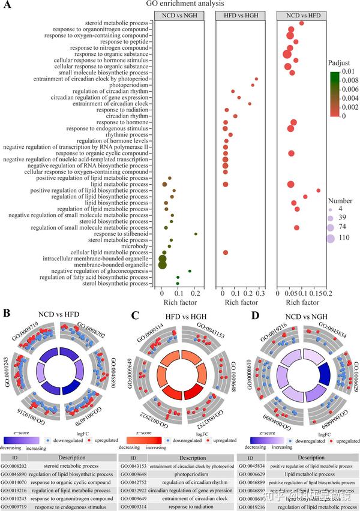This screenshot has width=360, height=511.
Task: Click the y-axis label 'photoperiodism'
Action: pos(127,85)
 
